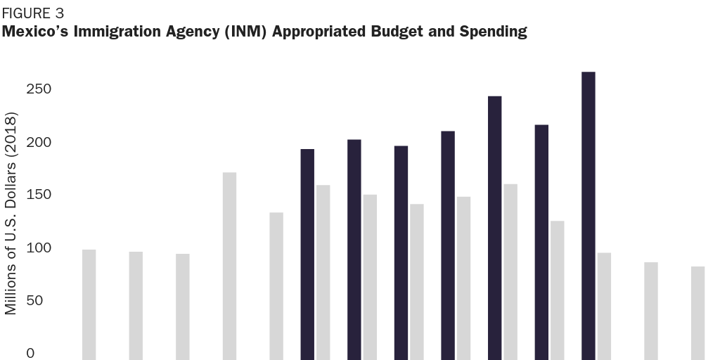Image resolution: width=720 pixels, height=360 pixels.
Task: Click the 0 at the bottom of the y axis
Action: pyautogui.click(x=30, y=353)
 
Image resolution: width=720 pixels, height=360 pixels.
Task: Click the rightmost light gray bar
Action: pyautogui.click(x=697, y=313)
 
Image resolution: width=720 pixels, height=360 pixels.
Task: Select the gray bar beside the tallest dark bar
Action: pyautogui.click(x=604, y=306)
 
